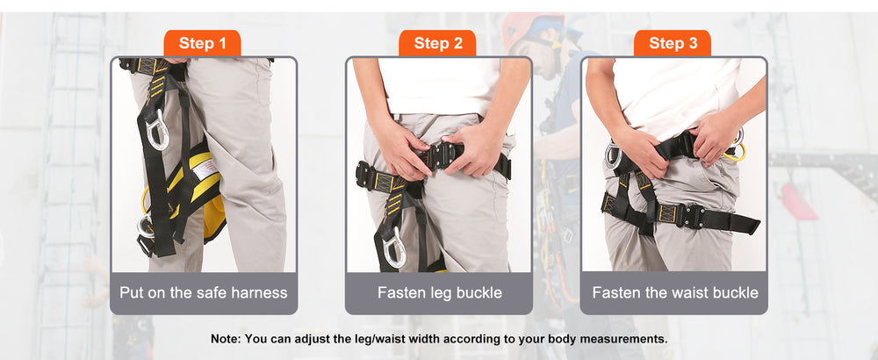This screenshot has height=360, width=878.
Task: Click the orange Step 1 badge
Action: pyautogui.click(x=202, y=43)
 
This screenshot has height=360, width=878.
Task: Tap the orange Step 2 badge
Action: pyautogui.click(x=437, y=43)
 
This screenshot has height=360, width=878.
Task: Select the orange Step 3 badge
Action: pyautogui.click(x=673, y=43)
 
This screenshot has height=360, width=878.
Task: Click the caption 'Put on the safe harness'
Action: pyautogui.click(x=204, y=292)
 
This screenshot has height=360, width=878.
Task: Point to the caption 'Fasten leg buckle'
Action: pyautogui.click(x=440, y=292)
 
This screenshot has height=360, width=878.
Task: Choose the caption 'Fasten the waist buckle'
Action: pyautogui.click(x=674, y=292)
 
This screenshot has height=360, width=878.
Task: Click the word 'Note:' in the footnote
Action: pyautogui.click(x=226, y=339)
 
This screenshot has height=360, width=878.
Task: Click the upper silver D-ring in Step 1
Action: pyautogui.click(x=157, y=130)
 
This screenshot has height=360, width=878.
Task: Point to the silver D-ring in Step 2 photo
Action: pyautogui.click(x=393, y=248)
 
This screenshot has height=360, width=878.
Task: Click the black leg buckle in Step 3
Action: pyautogui.click(x=692, y=214)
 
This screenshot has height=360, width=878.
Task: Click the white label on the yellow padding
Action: pyautogui.click(x=206, y=168)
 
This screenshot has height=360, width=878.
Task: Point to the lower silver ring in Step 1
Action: pyautogui.click(x=145, y=227)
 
